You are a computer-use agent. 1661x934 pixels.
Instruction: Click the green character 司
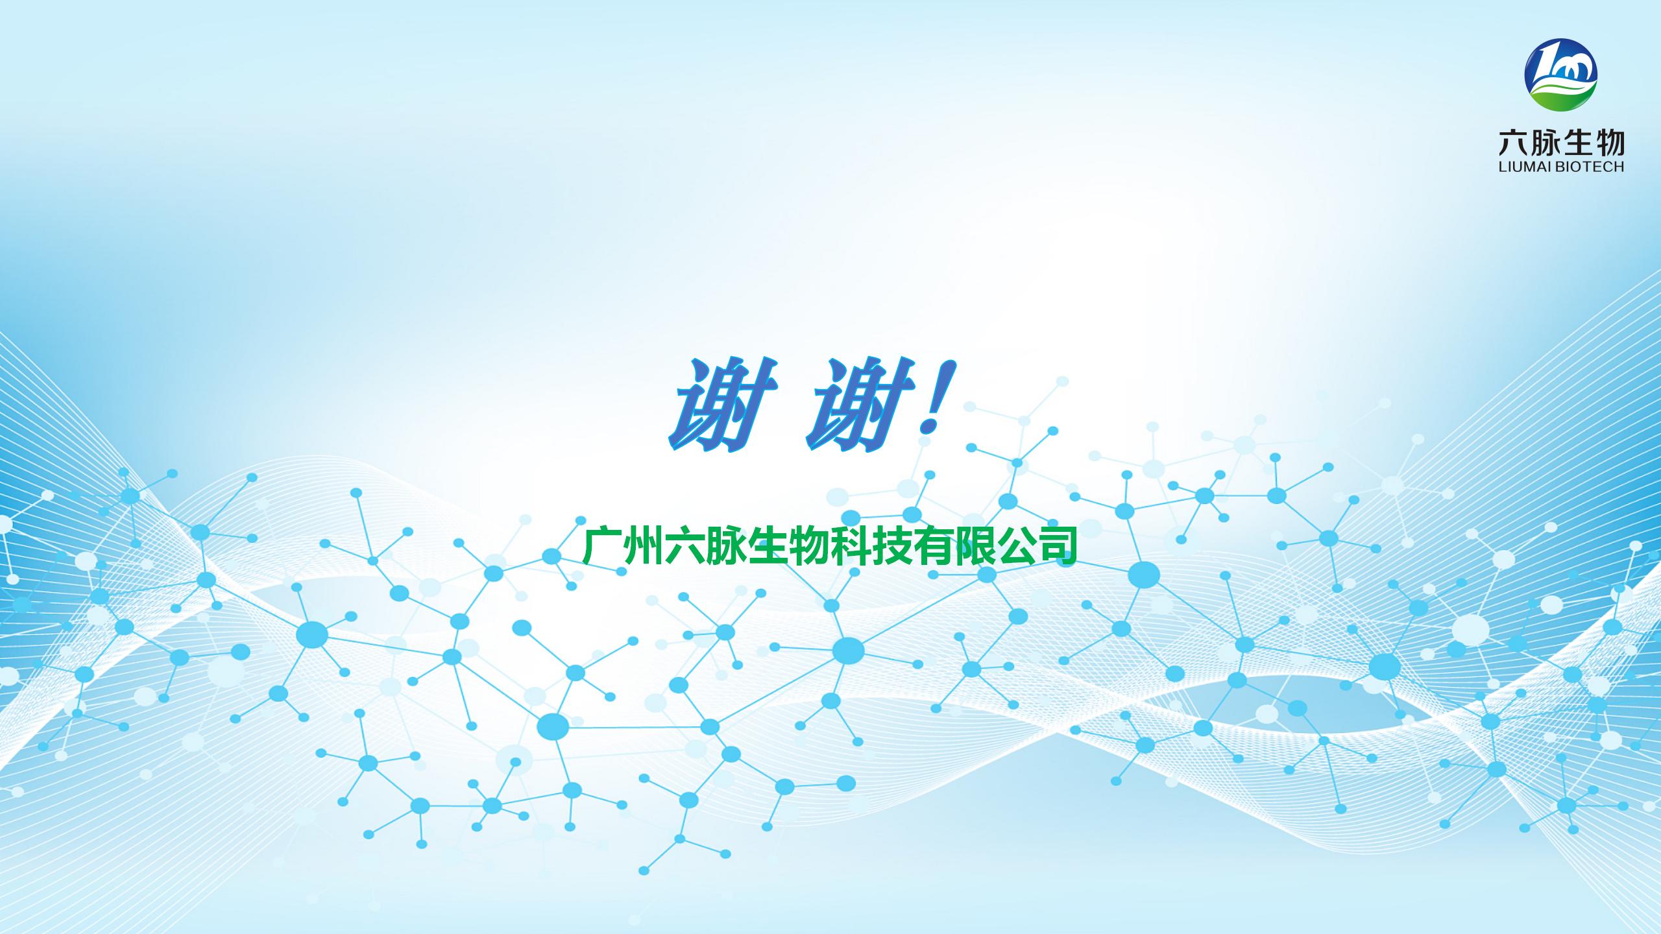pos(1057,547)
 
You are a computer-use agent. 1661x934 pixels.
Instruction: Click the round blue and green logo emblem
pos(1560,75)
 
